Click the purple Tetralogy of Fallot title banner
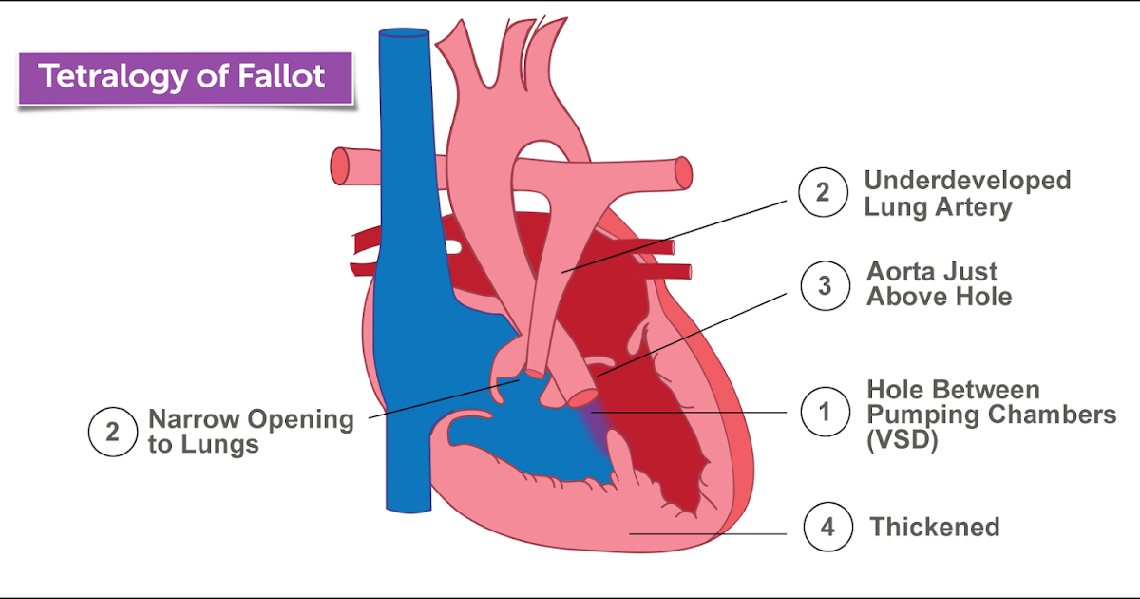coord(183,77)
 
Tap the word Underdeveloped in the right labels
coord(966,181)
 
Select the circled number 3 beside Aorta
coord(823,284)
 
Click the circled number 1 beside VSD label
coord(823,413)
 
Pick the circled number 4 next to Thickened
coord(826,527)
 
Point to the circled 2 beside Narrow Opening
coord(112,433)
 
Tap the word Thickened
coord(935,527)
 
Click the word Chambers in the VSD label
coord(1055,415)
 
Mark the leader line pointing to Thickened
coord(708,534)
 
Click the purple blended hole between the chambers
coord(591,418)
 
